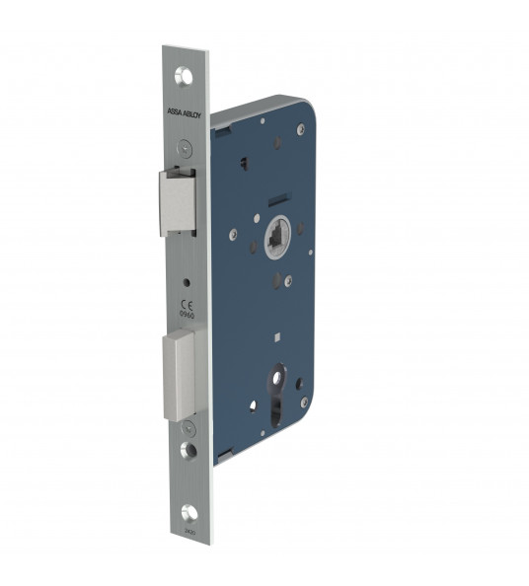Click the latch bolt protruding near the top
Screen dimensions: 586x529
point(178,202)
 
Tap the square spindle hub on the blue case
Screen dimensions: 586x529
point(275,236)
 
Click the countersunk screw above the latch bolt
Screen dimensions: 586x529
point(186,148)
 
